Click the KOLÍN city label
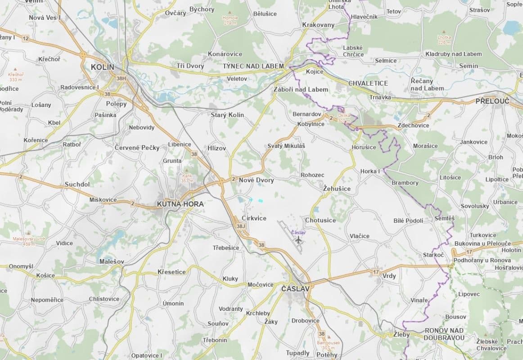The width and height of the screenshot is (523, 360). tap(103, 67)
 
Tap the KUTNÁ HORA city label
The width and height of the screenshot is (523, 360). tap(180, 204)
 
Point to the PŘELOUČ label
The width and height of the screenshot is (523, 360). tap(492, 101)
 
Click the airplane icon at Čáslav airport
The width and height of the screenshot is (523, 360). tap(298, 239)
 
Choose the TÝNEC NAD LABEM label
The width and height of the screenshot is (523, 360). tap(253, 66)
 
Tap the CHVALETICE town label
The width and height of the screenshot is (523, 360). tap(368, 83)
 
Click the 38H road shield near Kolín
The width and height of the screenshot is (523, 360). tap(121, 78)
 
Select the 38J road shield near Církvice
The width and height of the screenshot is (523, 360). tap(241, 226)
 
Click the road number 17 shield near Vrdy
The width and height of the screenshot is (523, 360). tap(375, 272)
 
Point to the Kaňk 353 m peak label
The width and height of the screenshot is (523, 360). tap(187, 178)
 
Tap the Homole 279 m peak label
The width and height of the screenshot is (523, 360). tap(230, 20)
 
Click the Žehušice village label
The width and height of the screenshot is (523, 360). tap(337, 189)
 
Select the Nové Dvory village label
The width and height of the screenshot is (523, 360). tap(256, 180)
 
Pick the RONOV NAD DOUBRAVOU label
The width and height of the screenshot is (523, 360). tap(444, 334)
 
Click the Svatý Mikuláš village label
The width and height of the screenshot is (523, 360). tap(286, 146)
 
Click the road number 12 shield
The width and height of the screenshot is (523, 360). tap(25, 39)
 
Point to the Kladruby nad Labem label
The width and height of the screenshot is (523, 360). tap(453, 54)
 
